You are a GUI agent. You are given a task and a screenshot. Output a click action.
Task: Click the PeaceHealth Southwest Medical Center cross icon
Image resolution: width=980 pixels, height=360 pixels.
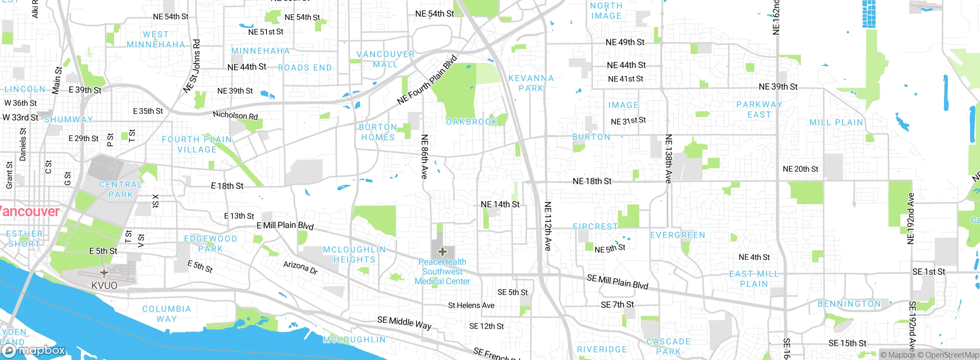(x=443, y=252)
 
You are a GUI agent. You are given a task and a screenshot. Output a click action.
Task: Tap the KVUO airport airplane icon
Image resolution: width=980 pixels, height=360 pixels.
(x=104, y=273)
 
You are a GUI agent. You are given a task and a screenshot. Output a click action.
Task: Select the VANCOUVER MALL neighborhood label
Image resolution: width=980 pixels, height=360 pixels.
(x=385, y=59)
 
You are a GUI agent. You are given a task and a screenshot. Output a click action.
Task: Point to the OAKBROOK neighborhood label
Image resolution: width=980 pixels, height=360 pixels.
(x=472, y=122)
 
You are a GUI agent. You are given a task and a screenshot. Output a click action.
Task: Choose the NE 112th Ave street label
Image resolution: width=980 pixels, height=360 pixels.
(x=548, y=226)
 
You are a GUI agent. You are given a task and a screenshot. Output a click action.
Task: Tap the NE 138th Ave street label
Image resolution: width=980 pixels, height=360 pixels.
(x=668, y=159)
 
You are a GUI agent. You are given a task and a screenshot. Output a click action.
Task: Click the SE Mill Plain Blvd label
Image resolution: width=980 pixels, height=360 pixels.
(x=617, y=282)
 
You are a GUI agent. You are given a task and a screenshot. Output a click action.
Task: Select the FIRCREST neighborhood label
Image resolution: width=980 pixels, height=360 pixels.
(x=595, y=227)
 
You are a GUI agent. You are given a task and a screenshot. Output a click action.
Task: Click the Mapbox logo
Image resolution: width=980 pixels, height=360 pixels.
(x=34, y=350)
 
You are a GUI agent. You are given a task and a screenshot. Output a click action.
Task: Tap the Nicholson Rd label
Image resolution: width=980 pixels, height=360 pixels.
(x=235, y=115)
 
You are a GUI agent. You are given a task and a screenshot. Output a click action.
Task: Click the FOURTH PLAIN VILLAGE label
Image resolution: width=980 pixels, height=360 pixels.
(x=197, y=144)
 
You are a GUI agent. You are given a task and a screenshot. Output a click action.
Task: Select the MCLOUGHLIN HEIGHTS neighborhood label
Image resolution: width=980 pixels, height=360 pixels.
(x=354, y=255)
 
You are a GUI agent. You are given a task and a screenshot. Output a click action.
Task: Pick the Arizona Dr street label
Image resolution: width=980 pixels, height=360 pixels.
(x=301, y=267)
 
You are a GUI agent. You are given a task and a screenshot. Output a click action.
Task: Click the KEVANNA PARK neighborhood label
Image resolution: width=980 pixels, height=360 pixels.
(x=531, y=83)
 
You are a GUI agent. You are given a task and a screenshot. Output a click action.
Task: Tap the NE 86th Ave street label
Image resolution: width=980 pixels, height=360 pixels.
(x=424, y=157)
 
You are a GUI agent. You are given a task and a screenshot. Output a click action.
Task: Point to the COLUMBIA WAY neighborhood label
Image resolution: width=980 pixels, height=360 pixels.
(x=167, y=314)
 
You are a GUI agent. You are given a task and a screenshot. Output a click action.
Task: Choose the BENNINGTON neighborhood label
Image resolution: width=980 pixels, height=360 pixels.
(x=849, y=304)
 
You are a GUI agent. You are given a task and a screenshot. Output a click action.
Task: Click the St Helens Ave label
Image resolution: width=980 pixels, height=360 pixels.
(x=471, y=305)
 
